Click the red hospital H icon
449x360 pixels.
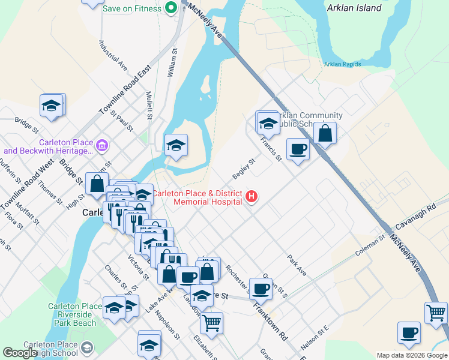(252, 196)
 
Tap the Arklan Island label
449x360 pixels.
(354, 8)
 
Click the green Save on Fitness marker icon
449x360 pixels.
(170, 8)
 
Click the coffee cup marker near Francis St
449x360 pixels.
(297, 149)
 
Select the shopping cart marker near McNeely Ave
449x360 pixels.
(436, 312)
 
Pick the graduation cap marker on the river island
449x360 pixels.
(176, 145)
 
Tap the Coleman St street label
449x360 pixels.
(369, 245)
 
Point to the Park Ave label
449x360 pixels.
(297, 265)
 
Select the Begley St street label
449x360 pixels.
(244, 169)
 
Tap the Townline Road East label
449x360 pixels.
(124, 91)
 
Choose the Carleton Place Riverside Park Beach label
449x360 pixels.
(71, 314)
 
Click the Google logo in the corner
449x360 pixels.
(20, 353)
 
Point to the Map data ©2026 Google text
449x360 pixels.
(412, 355)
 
